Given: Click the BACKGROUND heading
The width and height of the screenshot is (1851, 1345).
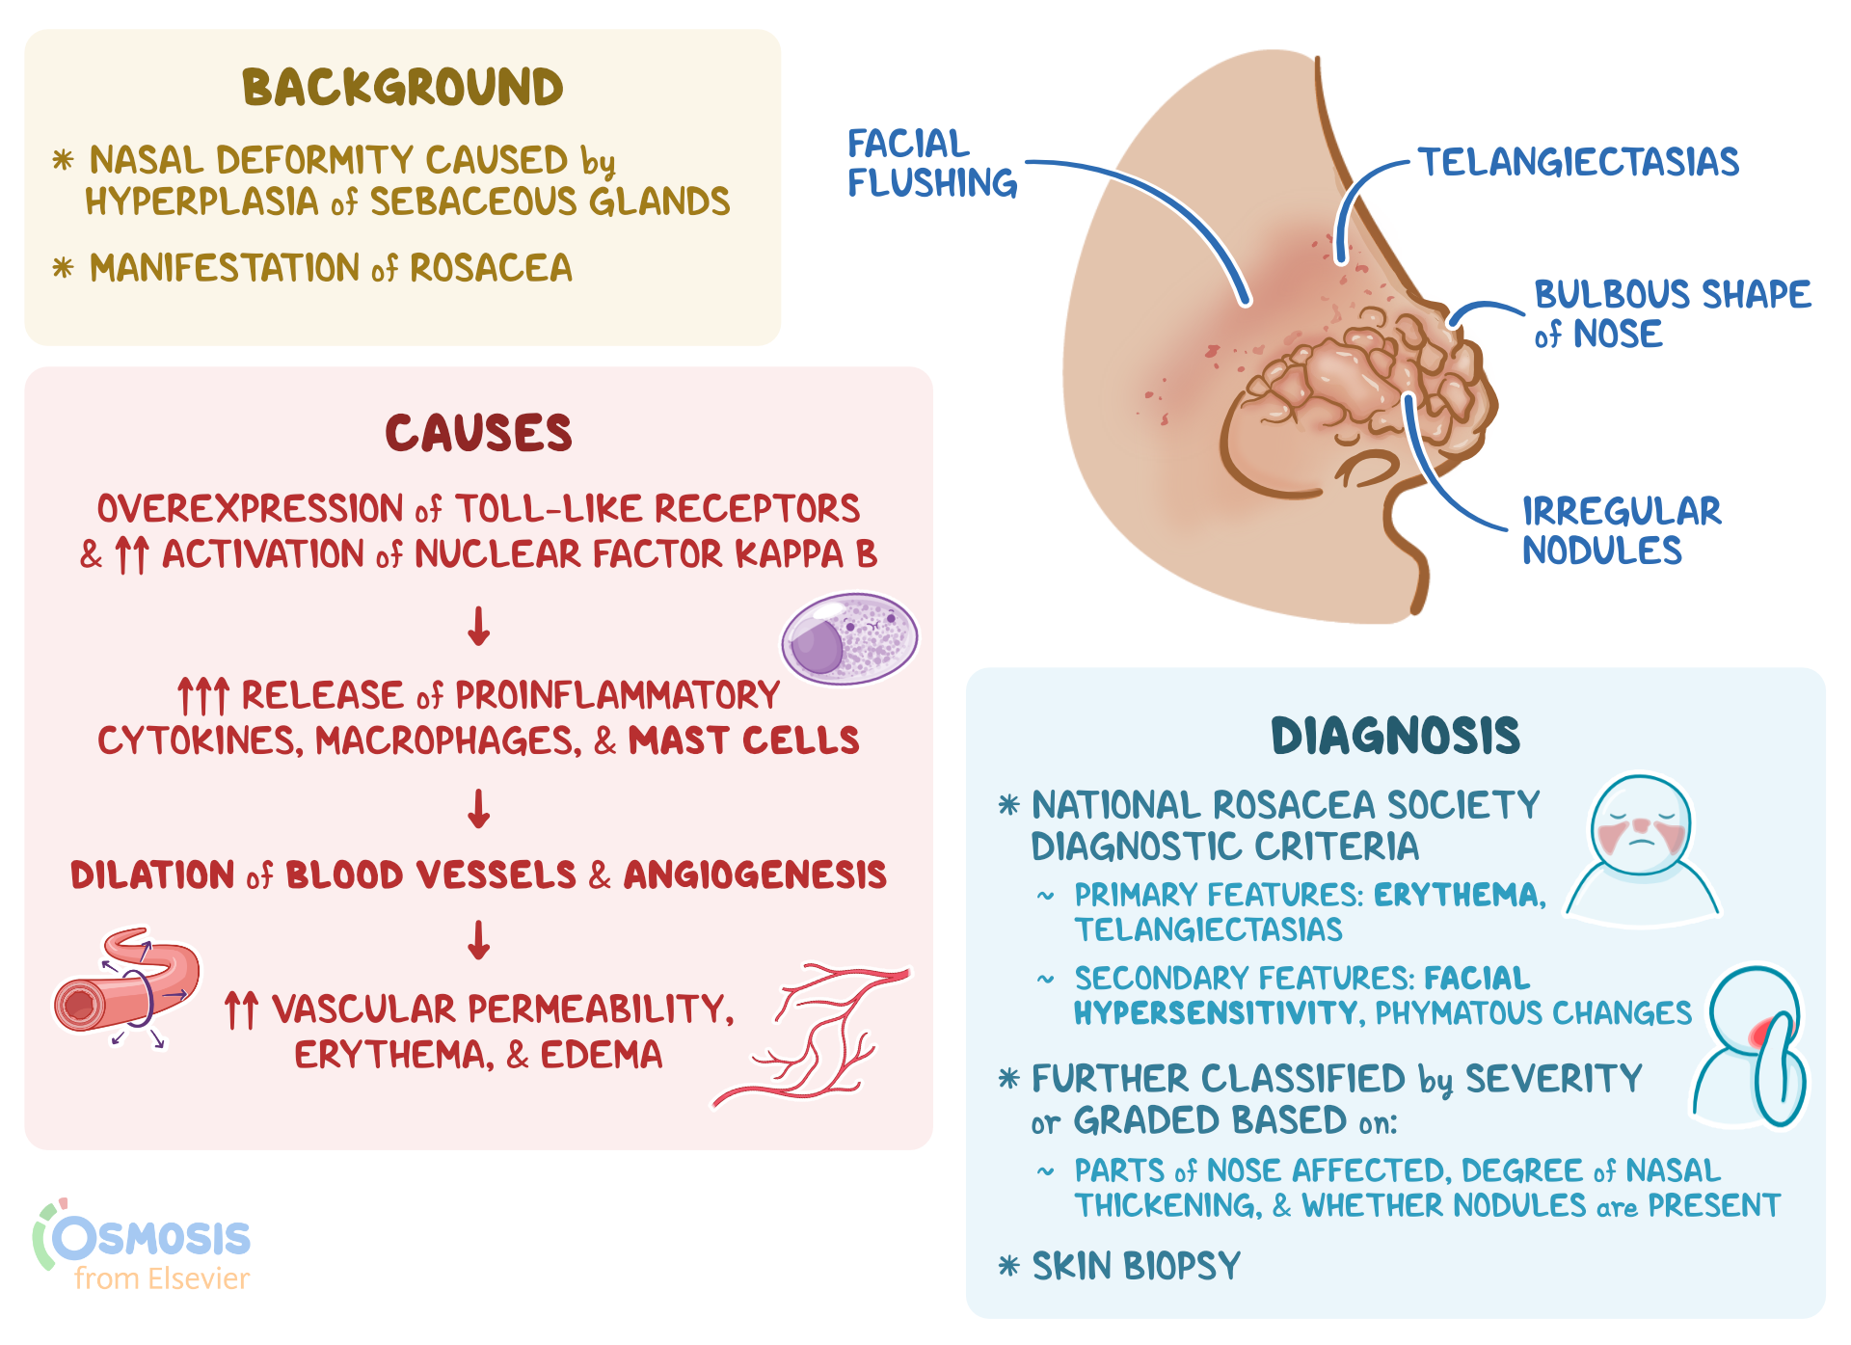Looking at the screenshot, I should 402,88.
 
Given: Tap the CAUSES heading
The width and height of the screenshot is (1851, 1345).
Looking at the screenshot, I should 478,433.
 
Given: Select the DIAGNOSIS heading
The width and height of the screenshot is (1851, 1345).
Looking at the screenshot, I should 1394,737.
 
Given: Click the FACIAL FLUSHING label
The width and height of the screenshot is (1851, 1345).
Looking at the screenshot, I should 931,164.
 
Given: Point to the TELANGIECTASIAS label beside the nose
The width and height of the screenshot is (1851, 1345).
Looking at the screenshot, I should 1578,162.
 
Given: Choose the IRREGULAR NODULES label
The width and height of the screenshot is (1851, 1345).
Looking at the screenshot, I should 1621,531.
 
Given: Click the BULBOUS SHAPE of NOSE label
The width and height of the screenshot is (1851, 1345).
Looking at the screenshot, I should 1672,313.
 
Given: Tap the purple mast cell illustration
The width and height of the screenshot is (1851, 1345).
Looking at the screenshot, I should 848,639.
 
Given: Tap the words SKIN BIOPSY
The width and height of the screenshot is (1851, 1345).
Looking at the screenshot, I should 1136,1266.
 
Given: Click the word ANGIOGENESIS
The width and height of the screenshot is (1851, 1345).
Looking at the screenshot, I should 755,875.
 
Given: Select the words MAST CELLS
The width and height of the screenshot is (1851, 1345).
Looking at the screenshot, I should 743,740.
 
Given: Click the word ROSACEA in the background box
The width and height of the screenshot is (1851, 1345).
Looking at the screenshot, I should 491,268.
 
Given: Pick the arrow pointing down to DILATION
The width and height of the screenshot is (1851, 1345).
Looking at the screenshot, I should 479,809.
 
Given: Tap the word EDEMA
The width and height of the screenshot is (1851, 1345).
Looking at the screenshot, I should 601,1055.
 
